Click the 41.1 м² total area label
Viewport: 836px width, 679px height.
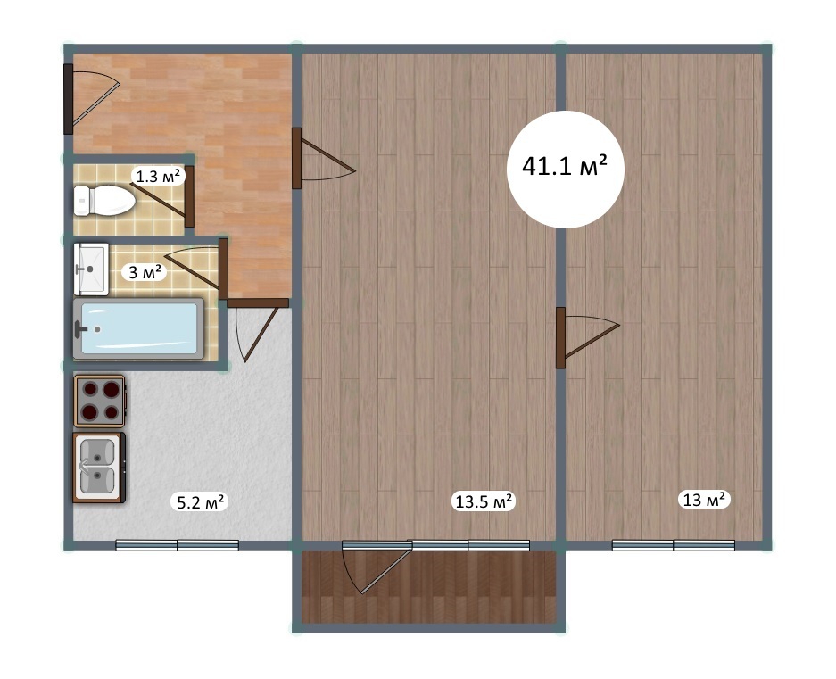click(565, 167)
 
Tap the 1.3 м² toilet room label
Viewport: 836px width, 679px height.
click(158, 176)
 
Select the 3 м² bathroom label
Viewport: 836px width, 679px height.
click(145, 272)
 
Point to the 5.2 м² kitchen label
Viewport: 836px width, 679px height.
click(199, 501)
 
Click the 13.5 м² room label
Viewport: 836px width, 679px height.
click(484, 501)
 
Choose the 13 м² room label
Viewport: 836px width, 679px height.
click(704, 500)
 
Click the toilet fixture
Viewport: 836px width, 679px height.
click(104, 201)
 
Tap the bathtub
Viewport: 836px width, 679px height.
click(138, 328)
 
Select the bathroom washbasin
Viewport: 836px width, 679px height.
click(91, 269)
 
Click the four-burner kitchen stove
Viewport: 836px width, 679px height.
click(100, 401)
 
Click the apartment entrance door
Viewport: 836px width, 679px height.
click(91, 99)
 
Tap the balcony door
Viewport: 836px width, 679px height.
click(377, 567)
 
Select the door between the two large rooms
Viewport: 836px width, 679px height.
click(586, 337)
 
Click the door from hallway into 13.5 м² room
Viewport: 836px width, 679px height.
click(323, 158)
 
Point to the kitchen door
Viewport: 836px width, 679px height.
click(258, 329)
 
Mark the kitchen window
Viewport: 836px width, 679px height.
click(177, 545)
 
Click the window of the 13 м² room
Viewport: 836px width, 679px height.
click(673, 545)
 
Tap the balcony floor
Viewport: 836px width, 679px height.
click(428, 587)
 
